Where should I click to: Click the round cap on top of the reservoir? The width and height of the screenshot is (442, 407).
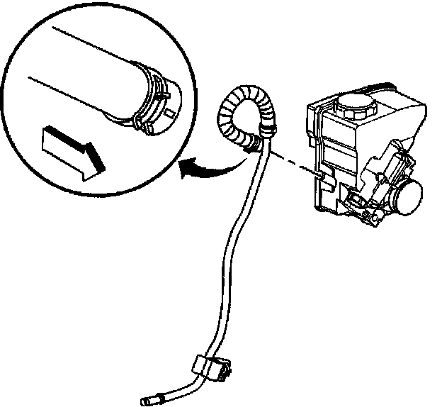click(x=352, y=107)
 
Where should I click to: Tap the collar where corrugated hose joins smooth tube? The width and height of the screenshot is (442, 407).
click(x=268, y=130)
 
